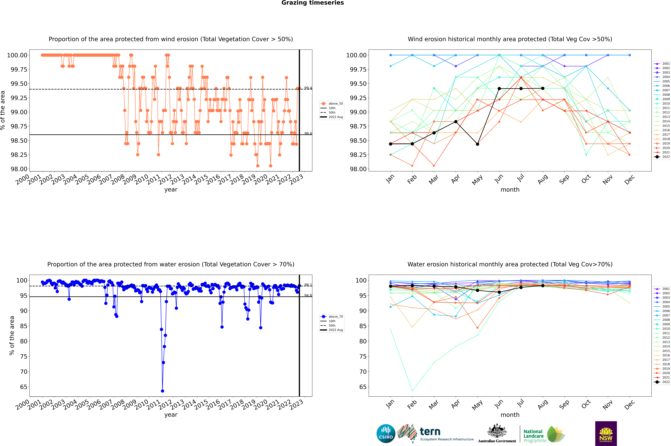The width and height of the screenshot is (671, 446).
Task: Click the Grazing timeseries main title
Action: pos(313,3)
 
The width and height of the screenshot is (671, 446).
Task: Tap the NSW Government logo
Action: pos(606,434)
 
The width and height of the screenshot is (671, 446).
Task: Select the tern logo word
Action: pos(430,432)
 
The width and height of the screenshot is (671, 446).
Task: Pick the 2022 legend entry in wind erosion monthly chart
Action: pos(662,157)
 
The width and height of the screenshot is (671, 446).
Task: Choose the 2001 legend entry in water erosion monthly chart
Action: pos(662,289)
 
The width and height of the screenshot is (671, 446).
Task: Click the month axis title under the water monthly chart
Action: pos(510,415)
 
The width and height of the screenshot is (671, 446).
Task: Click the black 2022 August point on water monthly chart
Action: pos(543,286)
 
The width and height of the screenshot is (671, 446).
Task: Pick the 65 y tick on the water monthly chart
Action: pos(363,387)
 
